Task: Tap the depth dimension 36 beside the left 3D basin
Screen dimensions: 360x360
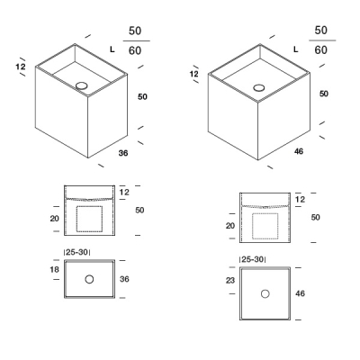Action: click(x=123, y=153)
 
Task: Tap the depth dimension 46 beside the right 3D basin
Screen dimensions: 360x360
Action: click(x=299, y=151)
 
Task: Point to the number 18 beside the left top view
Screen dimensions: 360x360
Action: click(x=55, y=269)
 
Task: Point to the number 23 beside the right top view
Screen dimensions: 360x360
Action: click(x=230, y=281)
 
